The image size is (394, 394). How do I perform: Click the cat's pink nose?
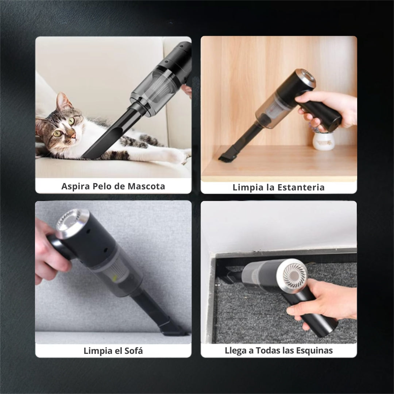73,136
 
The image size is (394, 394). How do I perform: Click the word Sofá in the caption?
133,351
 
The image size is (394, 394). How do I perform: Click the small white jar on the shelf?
323,141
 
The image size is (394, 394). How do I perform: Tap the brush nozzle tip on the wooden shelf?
227,157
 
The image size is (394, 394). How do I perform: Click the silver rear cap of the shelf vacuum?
305,80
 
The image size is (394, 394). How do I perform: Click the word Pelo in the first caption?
102,186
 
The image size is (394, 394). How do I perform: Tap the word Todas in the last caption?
268,351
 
